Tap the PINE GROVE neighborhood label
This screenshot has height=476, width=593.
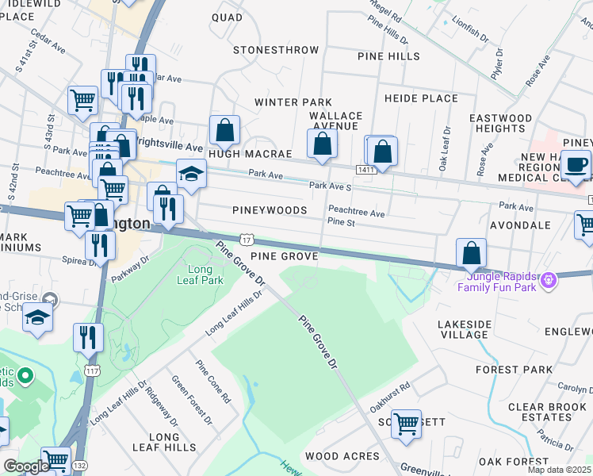[284, 256]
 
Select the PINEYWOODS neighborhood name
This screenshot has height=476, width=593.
[270, 210]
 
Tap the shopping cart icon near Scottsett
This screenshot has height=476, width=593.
[407, 423]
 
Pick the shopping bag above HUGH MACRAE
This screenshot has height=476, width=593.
[225, 130]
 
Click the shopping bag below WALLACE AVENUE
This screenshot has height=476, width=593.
[322, 144]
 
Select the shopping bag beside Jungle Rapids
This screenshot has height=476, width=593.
[472, 253]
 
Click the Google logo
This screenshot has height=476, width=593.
[26, 466]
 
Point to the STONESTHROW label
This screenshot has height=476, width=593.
[276, 50]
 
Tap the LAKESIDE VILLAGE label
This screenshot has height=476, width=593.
[464, 329]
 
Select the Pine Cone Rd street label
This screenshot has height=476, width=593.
[214, 382]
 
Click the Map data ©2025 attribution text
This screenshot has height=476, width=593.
[556, 469]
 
